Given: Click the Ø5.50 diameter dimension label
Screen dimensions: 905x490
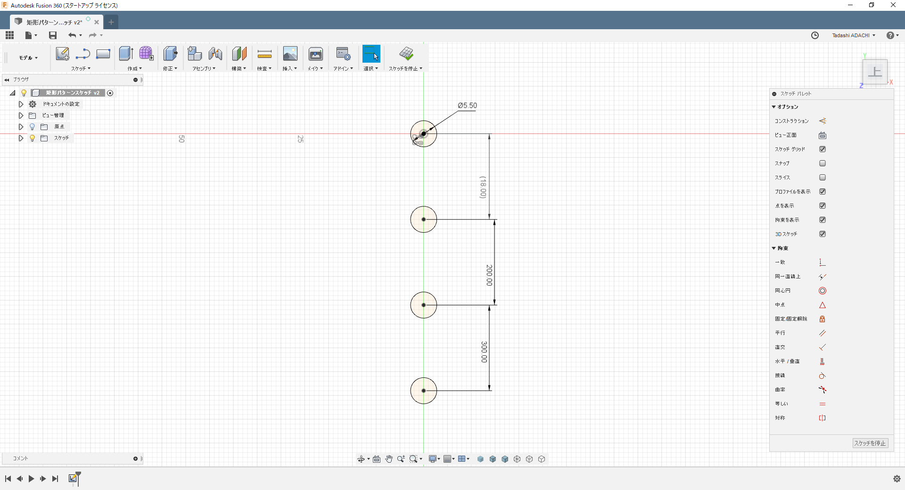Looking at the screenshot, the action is coord(467,106).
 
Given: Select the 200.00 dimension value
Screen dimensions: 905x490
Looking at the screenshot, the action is coord(489,275).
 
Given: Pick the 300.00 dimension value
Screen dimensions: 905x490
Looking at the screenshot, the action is coord(484,352).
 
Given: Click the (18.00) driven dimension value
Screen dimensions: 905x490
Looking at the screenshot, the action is coord(483,188).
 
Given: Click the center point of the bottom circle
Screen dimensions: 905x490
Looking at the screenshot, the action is coord(424,391).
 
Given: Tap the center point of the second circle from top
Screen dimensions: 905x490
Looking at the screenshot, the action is coord(424,220).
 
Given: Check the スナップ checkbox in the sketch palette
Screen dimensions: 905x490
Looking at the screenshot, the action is coord(823,163).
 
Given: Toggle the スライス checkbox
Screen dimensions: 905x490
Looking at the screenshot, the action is coord(823,178).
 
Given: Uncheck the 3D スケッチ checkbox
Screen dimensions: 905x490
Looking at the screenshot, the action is coord(823,234).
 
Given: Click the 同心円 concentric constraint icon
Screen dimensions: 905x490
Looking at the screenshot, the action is coord(823,291).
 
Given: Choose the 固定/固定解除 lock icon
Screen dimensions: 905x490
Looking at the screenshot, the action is coord(823,319).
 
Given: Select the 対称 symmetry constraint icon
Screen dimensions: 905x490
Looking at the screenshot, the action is coord(823,418).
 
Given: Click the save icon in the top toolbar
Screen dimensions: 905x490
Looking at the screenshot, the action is coord(53,35).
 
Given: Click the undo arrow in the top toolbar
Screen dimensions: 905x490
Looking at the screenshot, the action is coord(72,35).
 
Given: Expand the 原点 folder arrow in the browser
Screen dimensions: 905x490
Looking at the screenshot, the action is coord(21,127).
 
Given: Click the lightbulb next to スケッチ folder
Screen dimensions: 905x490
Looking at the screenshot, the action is coord(32,138).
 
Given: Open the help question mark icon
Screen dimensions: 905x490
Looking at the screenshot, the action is coord(890,35).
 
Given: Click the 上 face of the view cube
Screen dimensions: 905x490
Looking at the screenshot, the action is coord(875,72).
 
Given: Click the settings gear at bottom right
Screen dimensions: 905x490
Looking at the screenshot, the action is coord(897,479).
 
